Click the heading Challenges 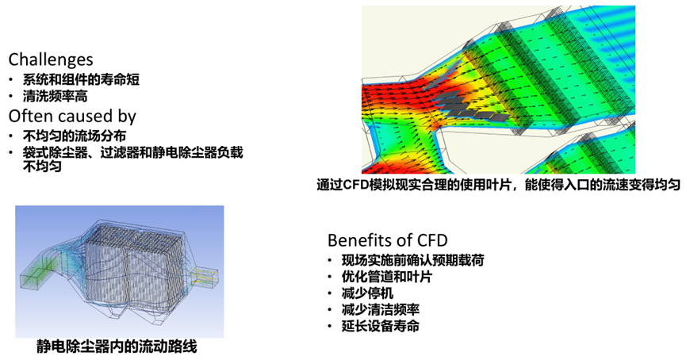point(50,60)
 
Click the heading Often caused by point(72,116)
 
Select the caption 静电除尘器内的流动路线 point(117,347)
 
